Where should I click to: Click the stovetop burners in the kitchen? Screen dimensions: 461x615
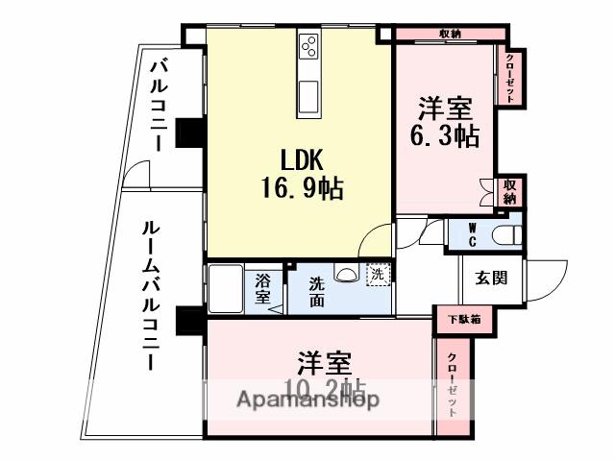pos(310,46)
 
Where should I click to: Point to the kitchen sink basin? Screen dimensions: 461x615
pos(310,97)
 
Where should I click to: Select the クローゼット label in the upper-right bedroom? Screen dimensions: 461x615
pos(510,76)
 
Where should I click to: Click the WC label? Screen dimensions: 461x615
pos(473,233)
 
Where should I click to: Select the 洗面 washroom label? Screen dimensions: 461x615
pos(316,292)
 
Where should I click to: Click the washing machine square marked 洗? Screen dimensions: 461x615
pos(378,274)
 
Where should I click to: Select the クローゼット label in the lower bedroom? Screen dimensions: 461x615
pos(452,384)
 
